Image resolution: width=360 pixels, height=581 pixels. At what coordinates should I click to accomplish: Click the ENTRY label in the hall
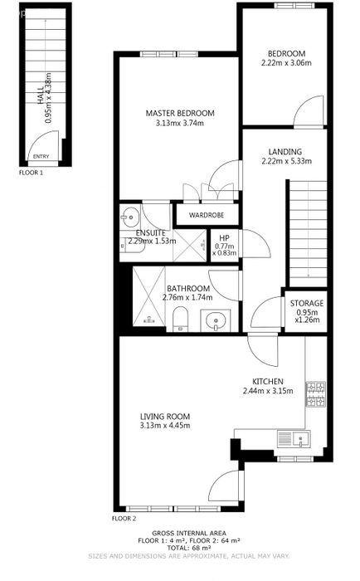(41, 156)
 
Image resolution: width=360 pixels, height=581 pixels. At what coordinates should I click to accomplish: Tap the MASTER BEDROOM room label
(180, 114)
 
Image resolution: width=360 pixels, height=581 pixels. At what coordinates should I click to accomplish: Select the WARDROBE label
(207, 215)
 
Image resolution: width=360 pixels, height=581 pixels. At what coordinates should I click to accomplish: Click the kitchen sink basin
(301, 439)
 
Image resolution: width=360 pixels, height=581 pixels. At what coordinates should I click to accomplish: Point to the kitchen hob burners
(316, 394)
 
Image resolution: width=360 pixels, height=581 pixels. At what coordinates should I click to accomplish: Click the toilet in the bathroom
(181, 318)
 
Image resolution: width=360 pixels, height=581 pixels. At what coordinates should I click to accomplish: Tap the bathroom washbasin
(215, 320)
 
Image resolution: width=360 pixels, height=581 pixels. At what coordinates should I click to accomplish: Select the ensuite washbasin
(129, 217)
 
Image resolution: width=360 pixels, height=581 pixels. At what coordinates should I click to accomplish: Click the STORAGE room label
(307, 304)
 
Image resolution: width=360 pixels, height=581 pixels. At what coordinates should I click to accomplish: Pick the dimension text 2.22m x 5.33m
(287, 161)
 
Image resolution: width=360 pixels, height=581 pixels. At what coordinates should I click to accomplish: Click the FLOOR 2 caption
(124, 519)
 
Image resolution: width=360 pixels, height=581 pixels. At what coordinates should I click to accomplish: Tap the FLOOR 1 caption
(32, 173)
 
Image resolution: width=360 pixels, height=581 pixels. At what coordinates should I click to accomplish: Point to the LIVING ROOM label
(165, 417)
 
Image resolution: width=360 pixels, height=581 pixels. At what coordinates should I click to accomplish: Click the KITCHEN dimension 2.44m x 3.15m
(268, 391)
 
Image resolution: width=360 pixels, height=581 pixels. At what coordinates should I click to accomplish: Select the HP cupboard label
(224, 238)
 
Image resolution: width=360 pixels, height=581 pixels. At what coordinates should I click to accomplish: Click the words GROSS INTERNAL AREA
(189, 533)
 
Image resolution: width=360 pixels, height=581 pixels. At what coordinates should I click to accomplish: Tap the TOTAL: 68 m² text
(189, 548)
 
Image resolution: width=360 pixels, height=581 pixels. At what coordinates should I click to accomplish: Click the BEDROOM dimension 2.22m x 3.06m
(286, 63)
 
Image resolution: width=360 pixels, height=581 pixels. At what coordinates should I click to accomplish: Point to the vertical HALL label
(41, 95)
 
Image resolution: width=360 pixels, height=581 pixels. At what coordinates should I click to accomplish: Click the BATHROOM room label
(188, 288)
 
